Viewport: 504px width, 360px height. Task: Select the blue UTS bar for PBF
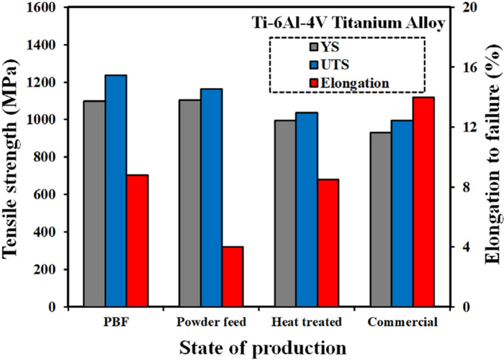point(116,191)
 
